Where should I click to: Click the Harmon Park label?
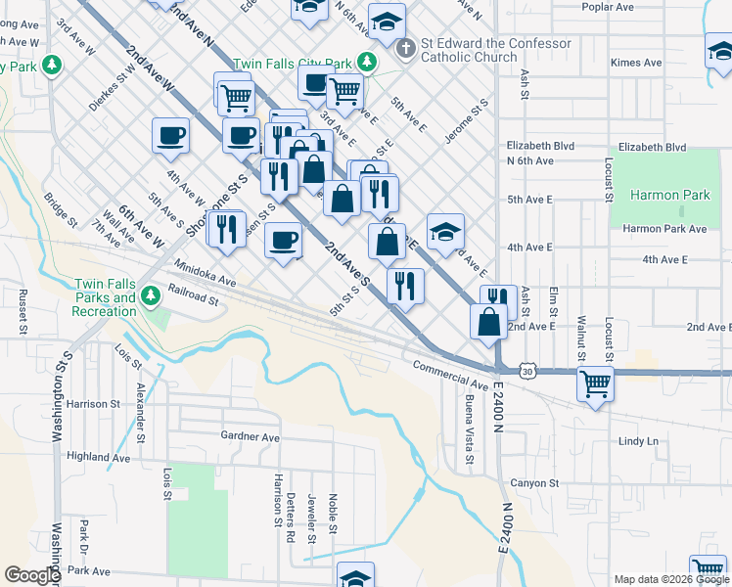click(x=669, y=195)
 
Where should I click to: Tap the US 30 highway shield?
click(x=528, y=372)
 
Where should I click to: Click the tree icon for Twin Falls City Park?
click(x=367, y=62)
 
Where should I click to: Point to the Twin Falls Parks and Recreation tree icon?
click(x=150, y=295)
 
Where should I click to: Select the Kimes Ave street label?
click(x=636, y=63)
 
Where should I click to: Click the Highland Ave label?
click(x=98, y=457)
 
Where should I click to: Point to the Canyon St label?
click(x=533, y=483)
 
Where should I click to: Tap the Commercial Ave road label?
click(x=449, y=372)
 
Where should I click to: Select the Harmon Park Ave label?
click(x=664, y=229)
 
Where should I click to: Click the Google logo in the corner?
click(x=31, y=575)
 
